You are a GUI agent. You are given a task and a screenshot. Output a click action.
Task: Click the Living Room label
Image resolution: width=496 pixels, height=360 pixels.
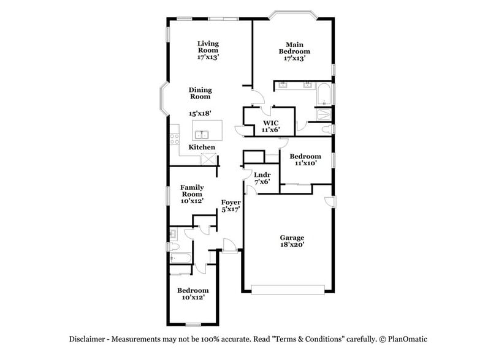click(x=208, y=50)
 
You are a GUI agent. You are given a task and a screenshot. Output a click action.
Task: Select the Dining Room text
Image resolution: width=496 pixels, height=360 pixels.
click(x=200, y=93)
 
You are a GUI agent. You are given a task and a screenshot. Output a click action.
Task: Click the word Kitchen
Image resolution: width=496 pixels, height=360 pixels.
click(x=202, y=148)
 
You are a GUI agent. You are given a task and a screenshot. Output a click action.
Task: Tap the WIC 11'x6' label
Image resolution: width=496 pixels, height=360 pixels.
click(x=271, y=126)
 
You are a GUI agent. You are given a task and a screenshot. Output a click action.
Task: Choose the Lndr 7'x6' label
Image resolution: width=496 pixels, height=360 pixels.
click(x=262, y=178)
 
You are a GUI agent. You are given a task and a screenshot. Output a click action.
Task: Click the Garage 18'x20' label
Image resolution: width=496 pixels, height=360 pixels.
click(x=292, y=241)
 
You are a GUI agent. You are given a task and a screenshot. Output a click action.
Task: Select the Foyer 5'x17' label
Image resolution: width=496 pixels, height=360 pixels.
click(x=231, y=205)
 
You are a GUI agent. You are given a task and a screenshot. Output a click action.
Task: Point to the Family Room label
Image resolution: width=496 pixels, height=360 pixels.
click(x=192, y=193)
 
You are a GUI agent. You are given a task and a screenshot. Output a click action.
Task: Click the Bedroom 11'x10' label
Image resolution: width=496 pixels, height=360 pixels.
click(x=305, y=160)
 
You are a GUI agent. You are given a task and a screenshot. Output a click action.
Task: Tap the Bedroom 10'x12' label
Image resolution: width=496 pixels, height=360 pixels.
click(x=193, y=293)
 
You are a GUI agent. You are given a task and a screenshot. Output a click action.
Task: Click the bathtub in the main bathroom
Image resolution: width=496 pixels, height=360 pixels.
click(x=324, y=95)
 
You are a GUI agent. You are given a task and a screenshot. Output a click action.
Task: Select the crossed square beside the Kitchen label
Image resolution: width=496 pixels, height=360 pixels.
click(x=210, y=159)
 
